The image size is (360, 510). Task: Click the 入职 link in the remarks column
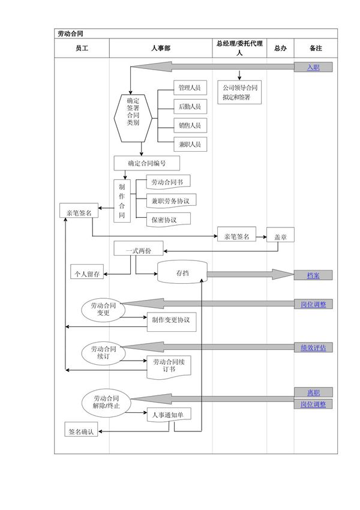point(313,67)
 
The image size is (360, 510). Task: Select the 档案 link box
point(313,275)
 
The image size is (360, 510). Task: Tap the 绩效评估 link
point(313,347)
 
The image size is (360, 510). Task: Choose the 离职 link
point(313,392)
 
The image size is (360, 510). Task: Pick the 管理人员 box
point(189,88)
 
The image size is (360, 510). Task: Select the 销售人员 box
point(189,125)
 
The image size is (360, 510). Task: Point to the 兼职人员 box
point(189,145)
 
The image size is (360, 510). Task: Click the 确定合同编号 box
point(146,163)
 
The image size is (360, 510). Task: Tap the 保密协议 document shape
point(168,220)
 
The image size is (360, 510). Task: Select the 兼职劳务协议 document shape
point(171,200)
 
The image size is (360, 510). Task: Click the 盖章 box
point(280,236)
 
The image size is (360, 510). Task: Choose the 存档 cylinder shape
point(182,273)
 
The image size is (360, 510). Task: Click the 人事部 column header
point(160,48)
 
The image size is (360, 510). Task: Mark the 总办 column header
point(280,48)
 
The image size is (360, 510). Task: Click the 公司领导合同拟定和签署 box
point(240,92)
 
